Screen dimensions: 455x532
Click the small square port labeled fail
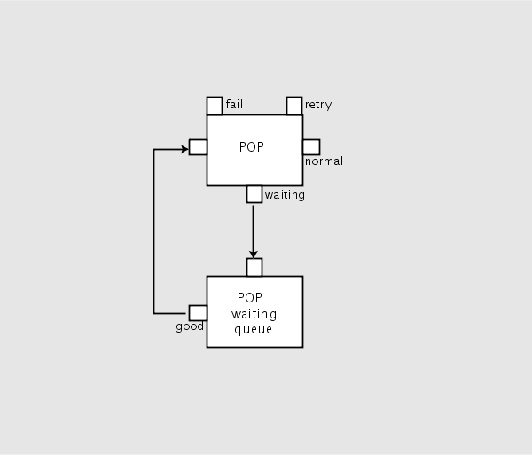[215, 106]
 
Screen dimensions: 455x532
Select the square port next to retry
[294, 106]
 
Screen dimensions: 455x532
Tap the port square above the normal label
[311, 147]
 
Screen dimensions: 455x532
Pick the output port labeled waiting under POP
[254, 194]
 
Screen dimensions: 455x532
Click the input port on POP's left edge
[199, 147]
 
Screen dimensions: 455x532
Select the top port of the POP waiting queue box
[254, 267]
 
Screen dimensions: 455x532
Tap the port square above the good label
[199, 313]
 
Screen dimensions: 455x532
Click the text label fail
[235, 105]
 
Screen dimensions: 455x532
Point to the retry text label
[318, 105]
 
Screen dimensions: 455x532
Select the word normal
[324, 161]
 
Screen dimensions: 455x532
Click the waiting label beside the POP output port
[285, 195]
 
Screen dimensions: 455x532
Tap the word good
[190, 326]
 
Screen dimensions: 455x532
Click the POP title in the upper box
[252, 147]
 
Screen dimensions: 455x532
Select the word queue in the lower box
[254, 330]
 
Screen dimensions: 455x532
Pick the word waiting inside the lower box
[254, 314]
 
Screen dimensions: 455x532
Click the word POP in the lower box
[252, 298]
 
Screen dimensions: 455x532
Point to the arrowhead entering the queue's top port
[254, 254]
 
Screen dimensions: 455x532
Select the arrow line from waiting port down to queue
[254, 226]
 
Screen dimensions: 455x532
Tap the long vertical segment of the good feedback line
[154, 231]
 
